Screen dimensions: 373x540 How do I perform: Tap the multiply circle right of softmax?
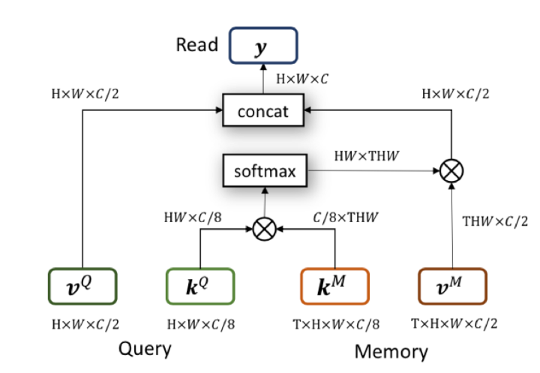[451, 172]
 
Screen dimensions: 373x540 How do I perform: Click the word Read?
[197, 45]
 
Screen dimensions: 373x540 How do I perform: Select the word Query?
[145, 348]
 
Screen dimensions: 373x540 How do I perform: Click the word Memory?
[390, 350]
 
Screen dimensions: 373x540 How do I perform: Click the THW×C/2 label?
[495, 222]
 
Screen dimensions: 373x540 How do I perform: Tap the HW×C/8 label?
[192, 218]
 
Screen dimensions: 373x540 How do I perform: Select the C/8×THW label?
[346, 218]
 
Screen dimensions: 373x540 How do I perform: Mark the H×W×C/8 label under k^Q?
[199, 323]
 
